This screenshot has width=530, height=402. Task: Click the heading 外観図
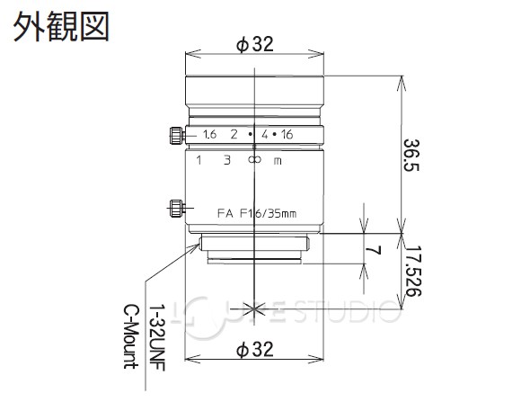60,26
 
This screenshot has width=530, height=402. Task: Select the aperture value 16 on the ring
287,135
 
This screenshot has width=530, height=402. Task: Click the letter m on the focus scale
279,161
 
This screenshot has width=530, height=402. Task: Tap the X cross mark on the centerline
256,308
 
